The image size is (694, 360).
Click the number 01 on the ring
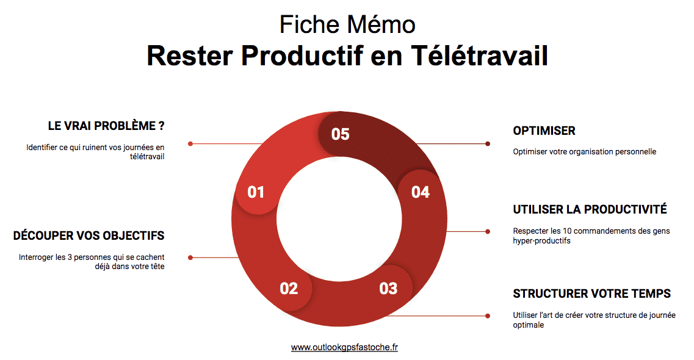(256, 192)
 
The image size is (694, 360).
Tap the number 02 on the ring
(289, 288)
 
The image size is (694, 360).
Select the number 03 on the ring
(388, 288)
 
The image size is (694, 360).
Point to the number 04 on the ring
(421, 192)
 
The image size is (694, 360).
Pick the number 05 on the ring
(340, 134)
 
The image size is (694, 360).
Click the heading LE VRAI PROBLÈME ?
(106, 126)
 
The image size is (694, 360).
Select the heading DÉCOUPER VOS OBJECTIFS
(89, 236)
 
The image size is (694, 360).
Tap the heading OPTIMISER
(544, 131)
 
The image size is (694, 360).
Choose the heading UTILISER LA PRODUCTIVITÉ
(590, 209)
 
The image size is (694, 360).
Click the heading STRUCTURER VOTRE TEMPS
(591, 293)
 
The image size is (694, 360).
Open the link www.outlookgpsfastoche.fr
(344, 347)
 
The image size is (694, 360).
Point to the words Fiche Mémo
(347, 24)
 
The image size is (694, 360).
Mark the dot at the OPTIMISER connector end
(488, 144)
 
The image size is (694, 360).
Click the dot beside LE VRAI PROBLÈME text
(190, 144)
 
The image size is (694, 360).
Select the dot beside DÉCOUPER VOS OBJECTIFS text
(190, 257)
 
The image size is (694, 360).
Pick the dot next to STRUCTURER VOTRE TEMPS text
(488, 315)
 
